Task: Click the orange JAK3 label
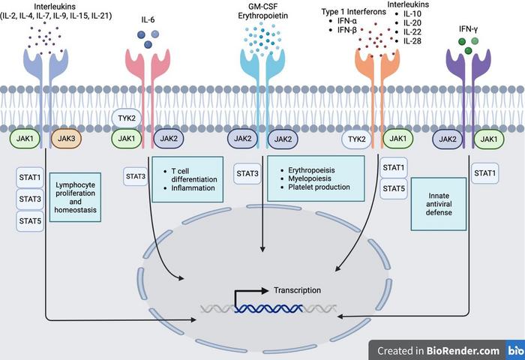point(64,139)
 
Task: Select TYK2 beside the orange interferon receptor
point(355,139)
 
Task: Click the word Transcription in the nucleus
point(298,290)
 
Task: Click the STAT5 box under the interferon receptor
point(393,187)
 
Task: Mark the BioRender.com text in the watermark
point(458,350)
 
